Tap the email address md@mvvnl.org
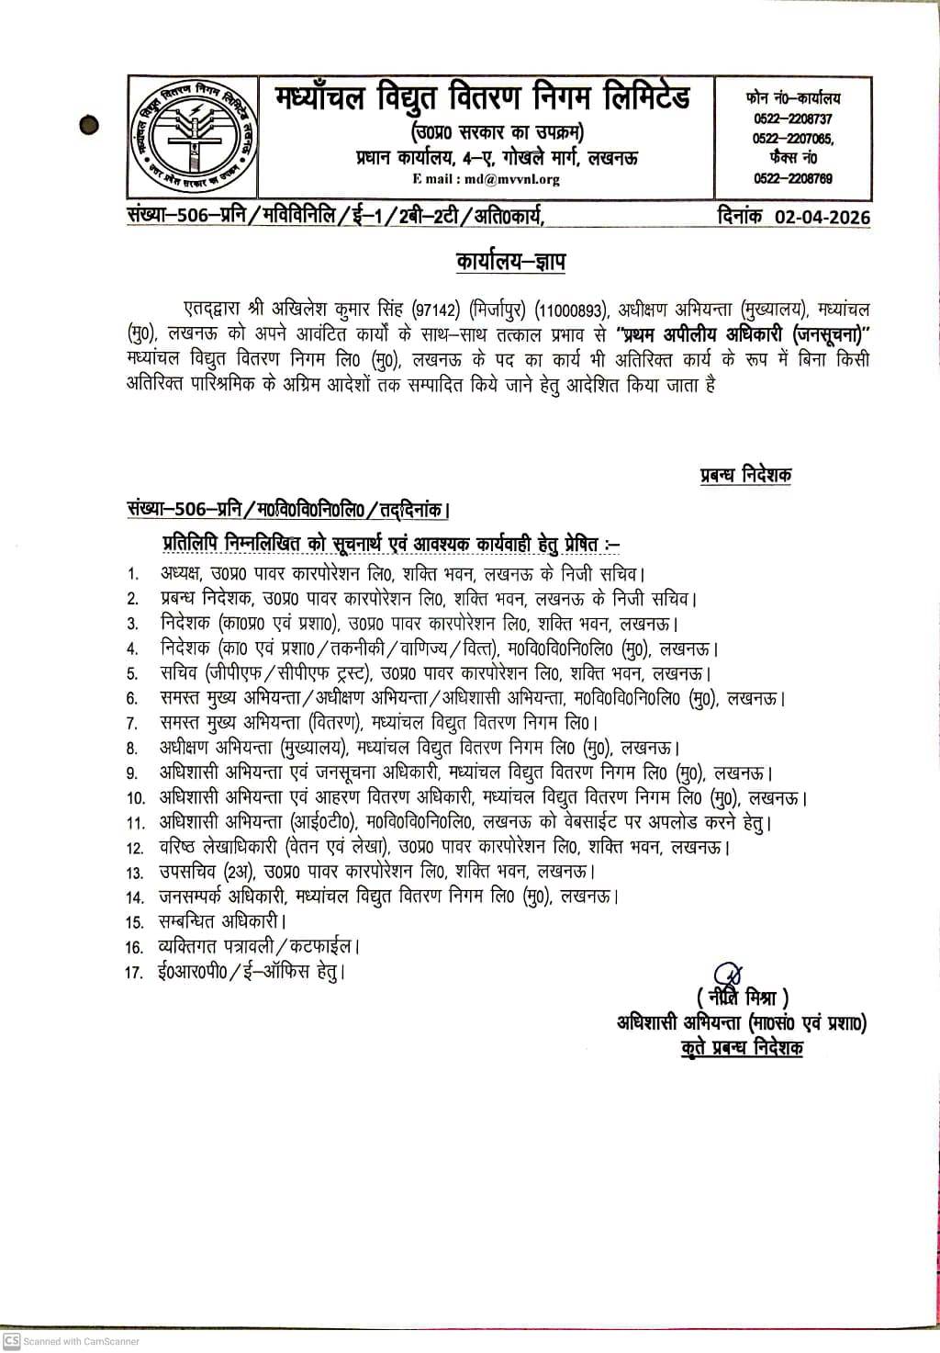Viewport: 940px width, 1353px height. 513,179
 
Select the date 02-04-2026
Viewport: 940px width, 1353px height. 822,218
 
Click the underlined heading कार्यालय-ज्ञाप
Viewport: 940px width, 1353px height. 510,262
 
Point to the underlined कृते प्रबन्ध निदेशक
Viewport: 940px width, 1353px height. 742,1048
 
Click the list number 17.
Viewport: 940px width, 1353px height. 135,972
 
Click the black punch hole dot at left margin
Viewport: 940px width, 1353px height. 88,123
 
